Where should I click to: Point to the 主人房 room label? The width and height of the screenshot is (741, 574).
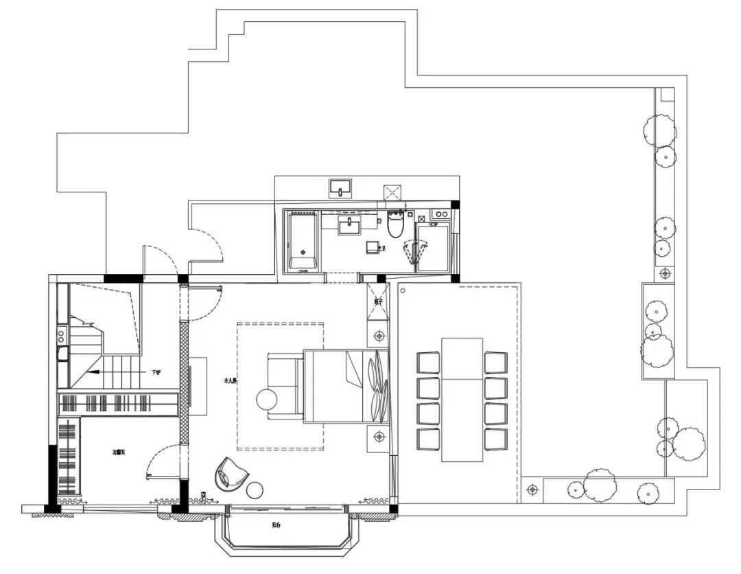(x=230, y=380)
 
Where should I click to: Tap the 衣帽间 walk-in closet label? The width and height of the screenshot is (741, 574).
(x=119, y=452)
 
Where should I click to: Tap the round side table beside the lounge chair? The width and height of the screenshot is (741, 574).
(x=255, y=490)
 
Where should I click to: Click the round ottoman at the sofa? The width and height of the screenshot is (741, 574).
(x=266, y=400)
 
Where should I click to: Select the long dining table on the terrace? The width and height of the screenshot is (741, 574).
(x=462, y=399)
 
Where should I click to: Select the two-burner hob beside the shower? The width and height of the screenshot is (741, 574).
(x=439, y=214)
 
